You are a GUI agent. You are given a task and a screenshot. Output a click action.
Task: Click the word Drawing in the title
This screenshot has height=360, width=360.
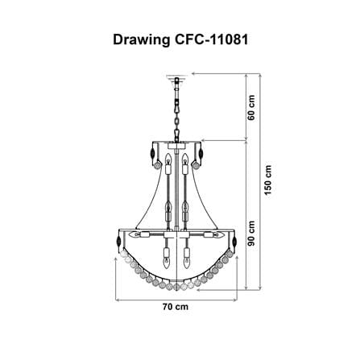[x=141, y=40]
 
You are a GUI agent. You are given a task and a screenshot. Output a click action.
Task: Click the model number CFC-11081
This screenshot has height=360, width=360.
[x=212, y=39]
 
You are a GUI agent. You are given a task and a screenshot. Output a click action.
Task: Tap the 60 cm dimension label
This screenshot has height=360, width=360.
[x=251, y=108]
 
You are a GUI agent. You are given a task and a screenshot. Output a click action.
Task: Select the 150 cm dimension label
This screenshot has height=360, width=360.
[x=267, y=180]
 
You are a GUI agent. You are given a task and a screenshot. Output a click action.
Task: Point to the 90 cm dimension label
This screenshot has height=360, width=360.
[x=251, y=234]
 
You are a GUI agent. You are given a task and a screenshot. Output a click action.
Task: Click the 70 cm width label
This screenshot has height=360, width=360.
[x=176, y=307]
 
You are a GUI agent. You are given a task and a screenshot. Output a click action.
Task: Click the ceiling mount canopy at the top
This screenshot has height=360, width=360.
[x=176, y=77]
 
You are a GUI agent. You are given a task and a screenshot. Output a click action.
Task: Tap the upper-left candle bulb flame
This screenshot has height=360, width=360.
[x=168, y=159]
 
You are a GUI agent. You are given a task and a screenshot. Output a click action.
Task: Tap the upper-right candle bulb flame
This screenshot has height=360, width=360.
[x=184, y=159]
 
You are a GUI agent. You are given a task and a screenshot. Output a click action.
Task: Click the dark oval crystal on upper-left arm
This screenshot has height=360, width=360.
[x=152, y=154]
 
